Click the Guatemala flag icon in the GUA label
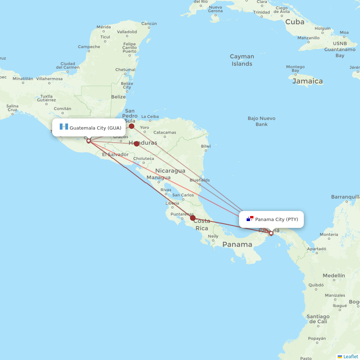(x=64, y=127)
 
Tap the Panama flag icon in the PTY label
(x=250, y=219)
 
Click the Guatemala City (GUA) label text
(x=95, y=128)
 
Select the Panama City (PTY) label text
(x=276, y=219)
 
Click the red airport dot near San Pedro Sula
(x=132, y=126)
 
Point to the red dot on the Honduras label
(x=137, y=144)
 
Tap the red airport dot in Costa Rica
(x=193, y=218)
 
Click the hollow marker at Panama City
(x=271, y=233)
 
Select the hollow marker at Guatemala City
(x=89, y=141)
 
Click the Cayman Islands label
(x=242, y=60)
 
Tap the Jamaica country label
(x=307, y=81)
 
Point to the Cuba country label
(x=295, y=22)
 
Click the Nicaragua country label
(x=170, y=171)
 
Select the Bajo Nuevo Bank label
(x=261, y=121)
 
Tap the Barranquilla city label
(x=345, y=197)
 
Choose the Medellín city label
(x=334, y=275)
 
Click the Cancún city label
(x=149, y=24)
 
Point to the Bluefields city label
(x=199, y=180)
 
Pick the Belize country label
(x=118, y=97)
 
